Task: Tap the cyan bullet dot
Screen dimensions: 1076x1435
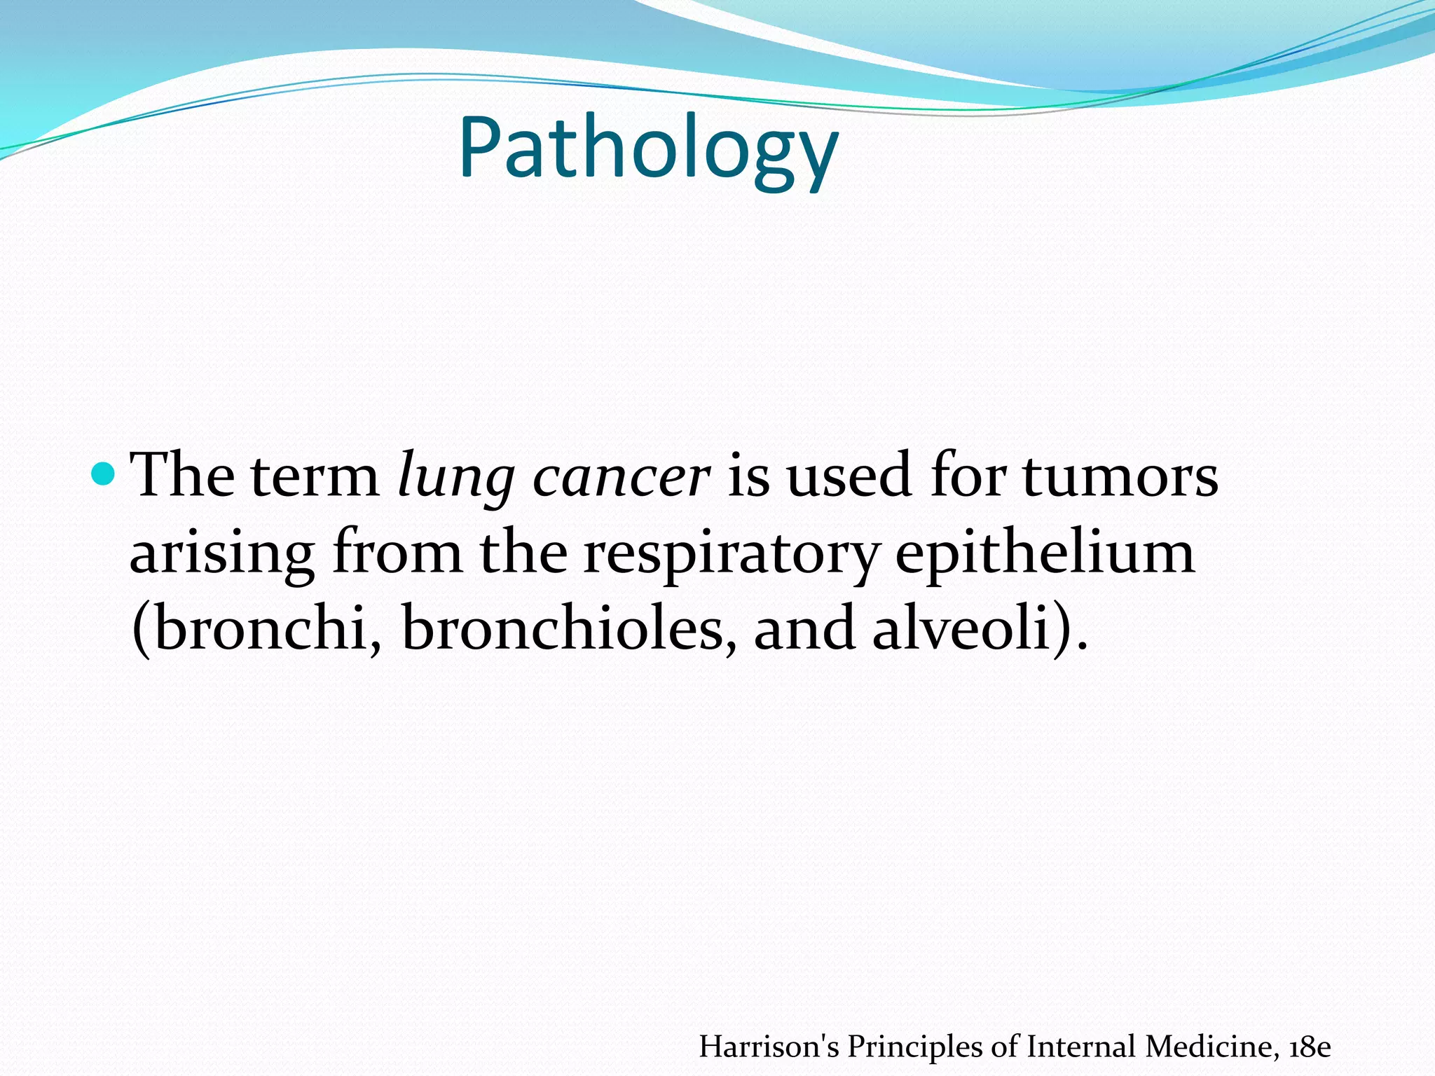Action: pyautogui.click(x=104, y=474)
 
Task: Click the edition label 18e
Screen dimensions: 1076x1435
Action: pyautogui.click(x=1310, y=1047)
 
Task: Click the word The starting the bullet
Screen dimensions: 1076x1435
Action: pyautogui.click(x=183, y=476)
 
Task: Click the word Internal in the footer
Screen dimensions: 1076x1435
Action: pyautogui.click(x=1082, y=1047)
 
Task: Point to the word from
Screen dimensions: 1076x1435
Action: pyautogui.click(x=397, y=552)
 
